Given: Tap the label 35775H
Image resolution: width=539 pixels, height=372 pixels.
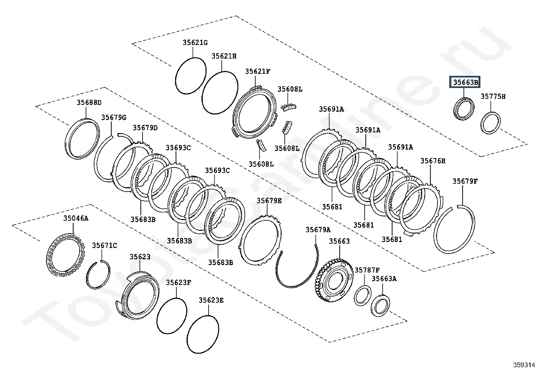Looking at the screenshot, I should coord(493,96).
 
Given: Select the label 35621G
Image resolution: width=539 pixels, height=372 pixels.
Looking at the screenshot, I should coord(195,43).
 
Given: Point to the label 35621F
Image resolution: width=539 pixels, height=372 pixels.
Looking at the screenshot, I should coord(258,71).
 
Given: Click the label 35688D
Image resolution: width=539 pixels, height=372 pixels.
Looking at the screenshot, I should coord(89,103).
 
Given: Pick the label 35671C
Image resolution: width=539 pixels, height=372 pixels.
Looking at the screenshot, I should coord(105,245).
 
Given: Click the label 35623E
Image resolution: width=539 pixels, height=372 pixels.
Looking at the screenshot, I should coord(211,300).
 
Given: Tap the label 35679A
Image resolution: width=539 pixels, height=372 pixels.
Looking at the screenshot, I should coord(318,230).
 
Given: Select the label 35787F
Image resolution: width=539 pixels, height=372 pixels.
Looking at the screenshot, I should coord(367,270).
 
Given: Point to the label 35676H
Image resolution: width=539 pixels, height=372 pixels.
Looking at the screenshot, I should coord(433,161).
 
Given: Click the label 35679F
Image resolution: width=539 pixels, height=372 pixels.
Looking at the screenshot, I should coord(465,181).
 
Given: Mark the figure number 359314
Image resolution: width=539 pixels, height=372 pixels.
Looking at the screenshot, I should coord(523,365).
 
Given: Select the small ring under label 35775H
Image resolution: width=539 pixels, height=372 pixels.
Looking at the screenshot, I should coord(491,123).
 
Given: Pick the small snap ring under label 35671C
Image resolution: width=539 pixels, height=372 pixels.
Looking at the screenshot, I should coord(98,275).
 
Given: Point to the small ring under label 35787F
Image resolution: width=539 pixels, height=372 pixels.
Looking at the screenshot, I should coord(363,296).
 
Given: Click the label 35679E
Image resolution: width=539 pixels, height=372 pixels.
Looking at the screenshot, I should coord(269,201).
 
